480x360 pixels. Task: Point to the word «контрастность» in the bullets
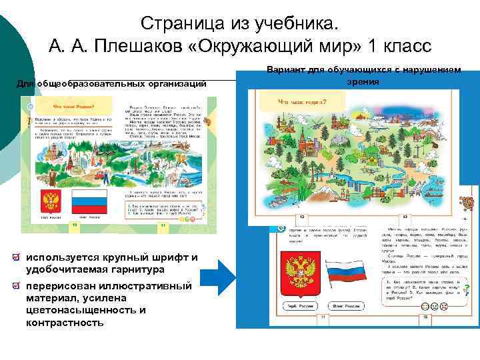[65, 323]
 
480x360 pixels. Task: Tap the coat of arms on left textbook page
[50, 201]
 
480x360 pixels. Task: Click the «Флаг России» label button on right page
[347, 307]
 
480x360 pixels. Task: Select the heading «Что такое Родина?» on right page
[302, 102]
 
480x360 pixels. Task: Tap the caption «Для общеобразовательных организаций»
[111, 83]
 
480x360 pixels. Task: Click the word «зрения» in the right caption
[363, 81]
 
